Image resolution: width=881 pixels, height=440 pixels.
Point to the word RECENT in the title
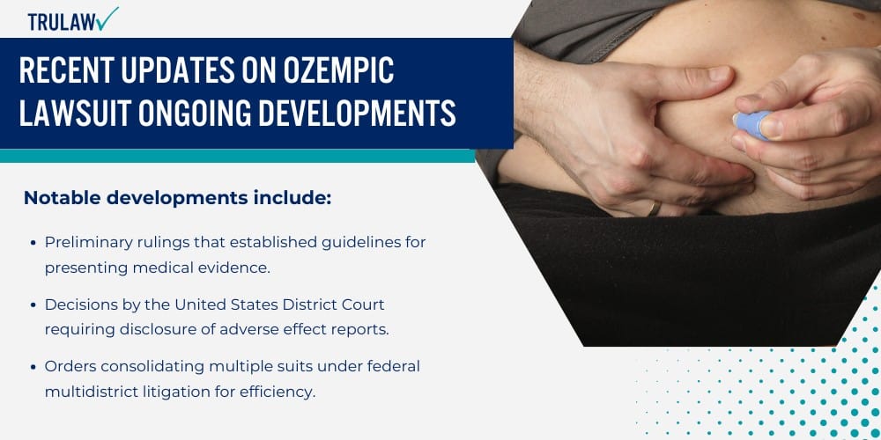coord(71,70)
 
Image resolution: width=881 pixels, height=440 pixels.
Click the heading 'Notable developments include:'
coord(177,198)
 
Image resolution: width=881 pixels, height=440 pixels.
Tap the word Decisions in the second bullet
coord(80,304)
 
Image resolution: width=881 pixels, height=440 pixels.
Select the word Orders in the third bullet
coord(69,366)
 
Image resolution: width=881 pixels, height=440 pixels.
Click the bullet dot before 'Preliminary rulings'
coord(33,242)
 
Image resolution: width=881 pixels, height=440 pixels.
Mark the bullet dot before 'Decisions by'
coord(33,304)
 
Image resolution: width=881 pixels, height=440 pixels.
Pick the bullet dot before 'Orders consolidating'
coord(33,366)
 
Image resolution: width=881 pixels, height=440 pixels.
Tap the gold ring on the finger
coord(652,209)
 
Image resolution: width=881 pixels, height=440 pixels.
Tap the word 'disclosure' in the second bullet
coord(146,330)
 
